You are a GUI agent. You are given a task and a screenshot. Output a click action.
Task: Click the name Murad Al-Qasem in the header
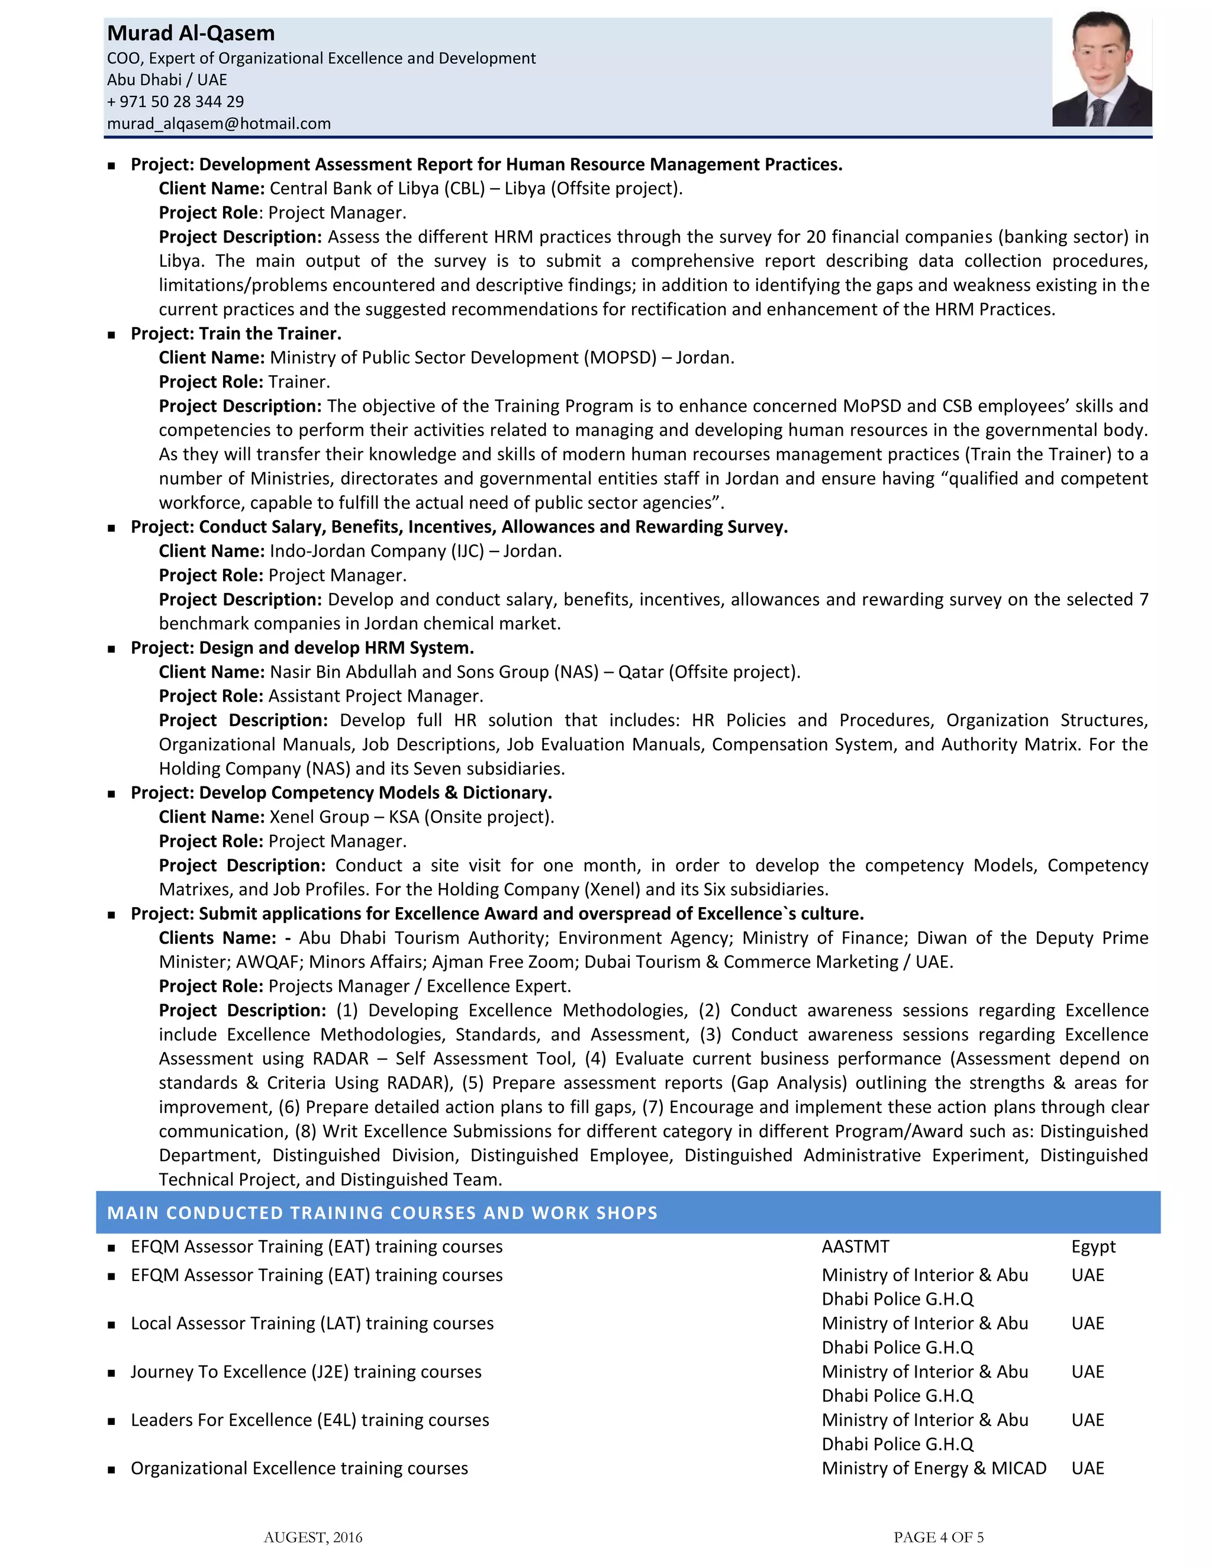point(191,34)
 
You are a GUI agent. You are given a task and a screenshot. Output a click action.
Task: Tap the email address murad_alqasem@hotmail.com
point(219,124)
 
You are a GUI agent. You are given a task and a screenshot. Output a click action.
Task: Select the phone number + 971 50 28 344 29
point(175,102)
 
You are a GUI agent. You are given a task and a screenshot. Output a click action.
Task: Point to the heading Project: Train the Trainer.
point(236,334)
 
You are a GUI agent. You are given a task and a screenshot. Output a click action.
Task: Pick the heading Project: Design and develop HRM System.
point(302,649)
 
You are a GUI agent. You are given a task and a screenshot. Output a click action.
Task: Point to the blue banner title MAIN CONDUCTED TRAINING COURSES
point(382,1212)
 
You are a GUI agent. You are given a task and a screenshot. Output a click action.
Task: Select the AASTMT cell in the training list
point(855,1247)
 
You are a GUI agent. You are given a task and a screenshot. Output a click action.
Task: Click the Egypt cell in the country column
point(1093,1247)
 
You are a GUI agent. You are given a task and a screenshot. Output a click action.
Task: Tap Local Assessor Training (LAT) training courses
point(312,1324)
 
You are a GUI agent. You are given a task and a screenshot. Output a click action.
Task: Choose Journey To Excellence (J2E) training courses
point(306,1372)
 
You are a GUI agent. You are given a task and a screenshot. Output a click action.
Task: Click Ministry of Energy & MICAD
point(933,1469)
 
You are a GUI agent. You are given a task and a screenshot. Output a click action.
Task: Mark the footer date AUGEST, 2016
point(313,1537)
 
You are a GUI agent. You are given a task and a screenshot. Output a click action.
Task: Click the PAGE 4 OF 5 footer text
point(938,1537)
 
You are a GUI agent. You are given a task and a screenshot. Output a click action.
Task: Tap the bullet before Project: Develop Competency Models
point(111,794)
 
